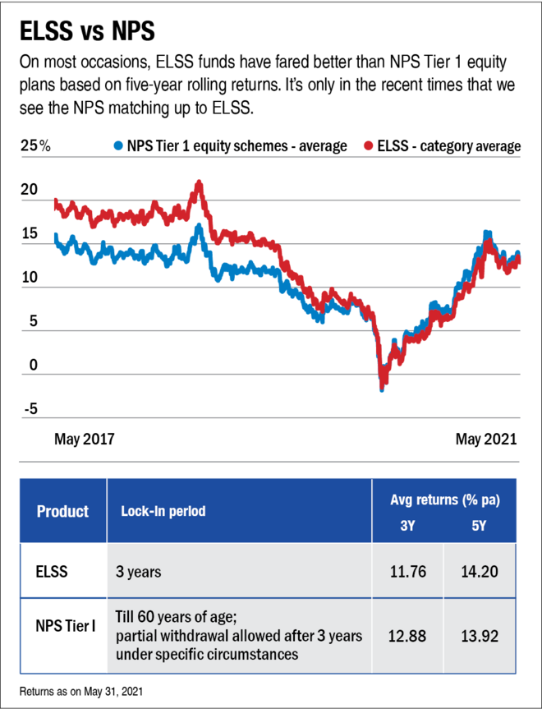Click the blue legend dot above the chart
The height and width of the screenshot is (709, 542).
118,145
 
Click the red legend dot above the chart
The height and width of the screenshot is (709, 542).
369,145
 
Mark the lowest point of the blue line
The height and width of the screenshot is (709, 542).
382,389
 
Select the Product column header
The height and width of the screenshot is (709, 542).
62,511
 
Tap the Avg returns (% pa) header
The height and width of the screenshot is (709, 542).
444,500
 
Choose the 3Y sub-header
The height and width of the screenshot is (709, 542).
407,526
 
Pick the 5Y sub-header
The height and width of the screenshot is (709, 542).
480,526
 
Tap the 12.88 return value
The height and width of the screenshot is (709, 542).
407,637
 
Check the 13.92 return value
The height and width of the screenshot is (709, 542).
480,637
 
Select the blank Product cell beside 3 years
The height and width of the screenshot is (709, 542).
62,571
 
